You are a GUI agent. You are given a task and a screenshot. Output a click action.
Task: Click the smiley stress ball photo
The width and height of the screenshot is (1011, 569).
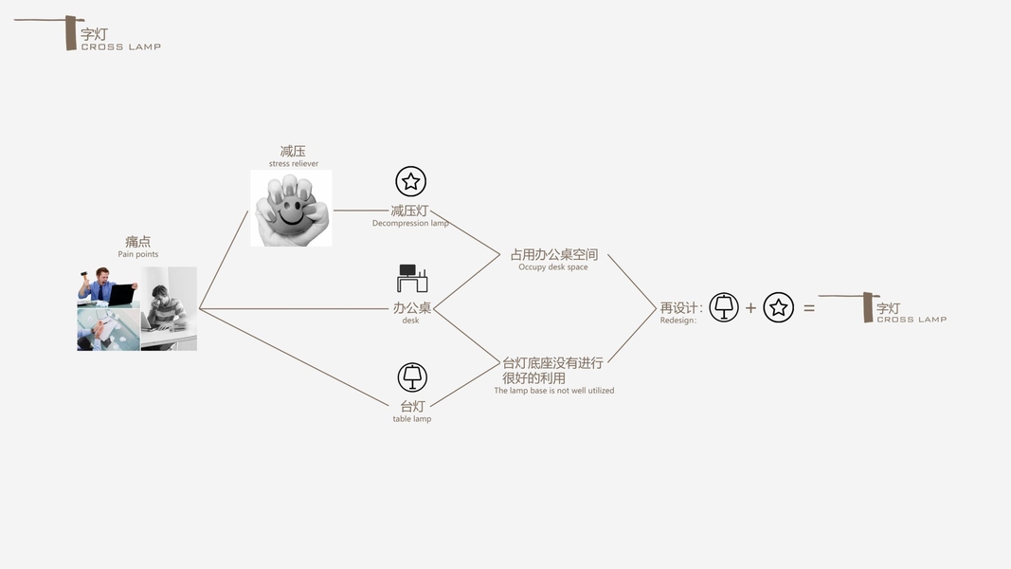tap(291, 209)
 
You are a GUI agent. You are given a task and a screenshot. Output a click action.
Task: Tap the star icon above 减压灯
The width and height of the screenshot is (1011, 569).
tap(410, 181)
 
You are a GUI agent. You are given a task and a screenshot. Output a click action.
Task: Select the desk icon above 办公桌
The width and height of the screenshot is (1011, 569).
tap(412, 279)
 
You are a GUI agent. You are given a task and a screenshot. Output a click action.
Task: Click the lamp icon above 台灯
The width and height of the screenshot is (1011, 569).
tap(412, 377)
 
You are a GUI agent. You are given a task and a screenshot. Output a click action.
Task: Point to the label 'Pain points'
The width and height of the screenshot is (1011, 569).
tap(138, 254)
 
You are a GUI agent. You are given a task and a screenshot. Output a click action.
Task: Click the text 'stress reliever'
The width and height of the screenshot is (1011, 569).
tap(294, 164)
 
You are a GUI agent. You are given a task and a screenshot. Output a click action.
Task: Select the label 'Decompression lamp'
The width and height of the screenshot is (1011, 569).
tap(410, 224)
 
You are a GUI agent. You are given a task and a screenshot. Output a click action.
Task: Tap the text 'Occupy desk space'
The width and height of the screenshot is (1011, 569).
tap(553, 267)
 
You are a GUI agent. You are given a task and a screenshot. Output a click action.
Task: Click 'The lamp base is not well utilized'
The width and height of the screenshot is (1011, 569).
tap(554, 391)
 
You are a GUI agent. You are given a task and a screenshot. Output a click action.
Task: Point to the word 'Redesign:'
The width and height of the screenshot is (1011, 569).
tap(678, 321)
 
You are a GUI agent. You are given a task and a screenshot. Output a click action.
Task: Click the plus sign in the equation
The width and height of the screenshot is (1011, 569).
tap(750, 308)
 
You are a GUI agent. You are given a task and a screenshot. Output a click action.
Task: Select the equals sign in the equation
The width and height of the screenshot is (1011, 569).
tap(809, 308)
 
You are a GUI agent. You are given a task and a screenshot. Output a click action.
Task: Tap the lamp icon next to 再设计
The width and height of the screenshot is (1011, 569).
tap(724, 307)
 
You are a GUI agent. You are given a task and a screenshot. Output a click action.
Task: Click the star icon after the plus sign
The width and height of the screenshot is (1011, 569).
tap(779, 307)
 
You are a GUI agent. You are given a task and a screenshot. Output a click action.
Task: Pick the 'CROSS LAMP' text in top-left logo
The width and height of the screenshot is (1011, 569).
tap(121, 46)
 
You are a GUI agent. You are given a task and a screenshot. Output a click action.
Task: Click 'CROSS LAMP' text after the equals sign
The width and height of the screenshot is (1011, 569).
tap(912, 320)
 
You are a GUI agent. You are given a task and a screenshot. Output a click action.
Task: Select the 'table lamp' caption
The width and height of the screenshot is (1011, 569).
tap(412, 419)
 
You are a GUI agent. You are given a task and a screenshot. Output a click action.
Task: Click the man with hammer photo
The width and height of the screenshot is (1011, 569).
tap(108, 286)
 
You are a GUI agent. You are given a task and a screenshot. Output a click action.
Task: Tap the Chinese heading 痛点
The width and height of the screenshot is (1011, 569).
tap(138, 242)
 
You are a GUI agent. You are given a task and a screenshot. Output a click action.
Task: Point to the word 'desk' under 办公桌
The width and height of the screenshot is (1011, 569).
tap(411, 321)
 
